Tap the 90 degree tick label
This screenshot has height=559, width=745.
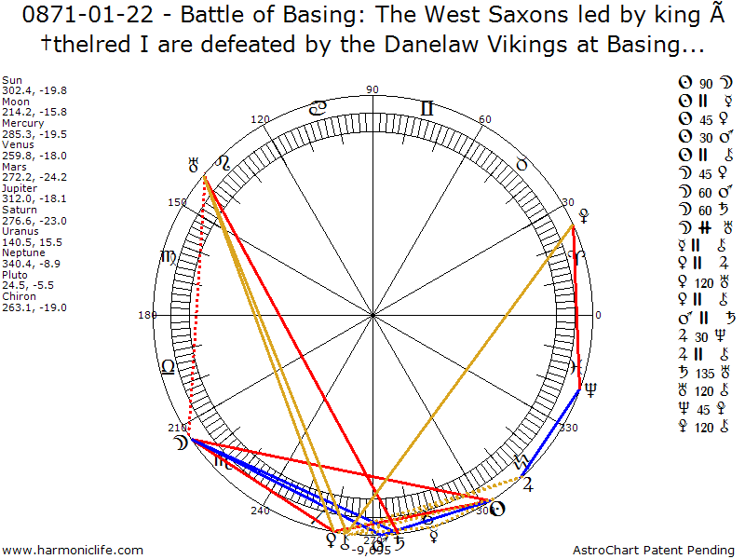tap(372, 89)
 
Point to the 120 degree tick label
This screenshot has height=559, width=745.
tap(261, 120)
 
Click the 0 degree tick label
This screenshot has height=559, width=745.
tap(598, 315)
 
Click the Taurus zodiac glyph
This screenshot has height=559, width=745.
tap(521, 163)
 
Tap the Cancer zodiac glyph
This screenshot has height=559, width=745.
tap(318, 109)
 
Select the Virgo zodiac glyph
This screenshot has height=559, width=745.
tap(169, 257)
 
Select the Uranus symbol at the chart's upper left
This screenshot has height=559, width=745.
tap(194, 166)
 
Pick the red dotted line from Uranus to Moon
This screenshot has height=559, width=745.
tap(196, 307)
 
